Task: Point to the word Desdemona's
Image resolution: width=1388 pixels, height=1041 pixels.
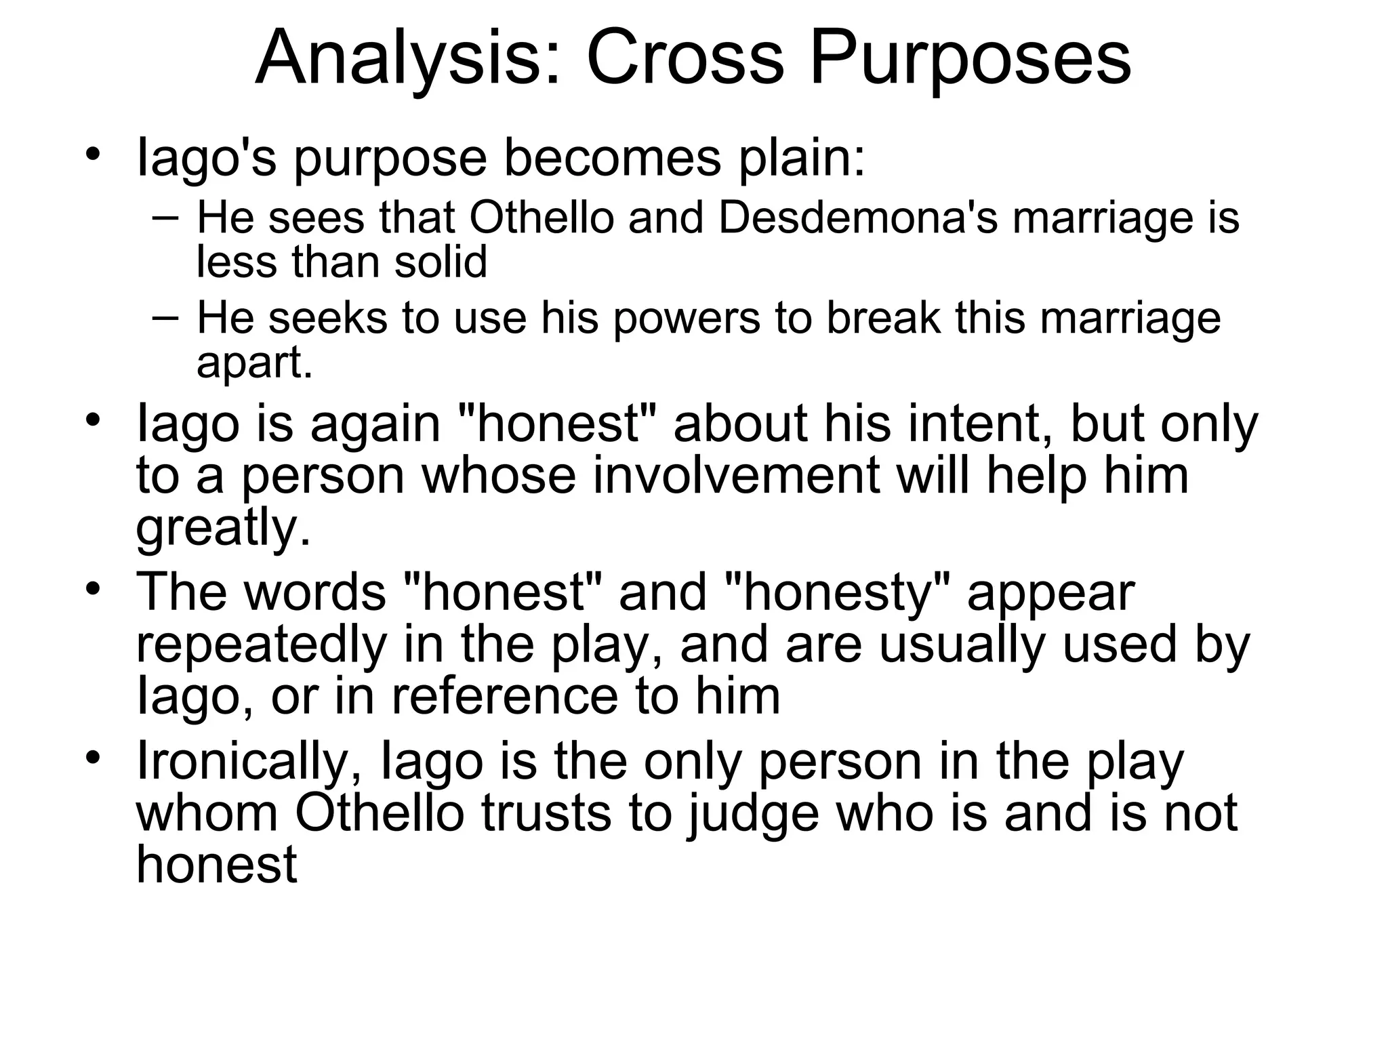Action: pyautogui.click(x=858, y=218)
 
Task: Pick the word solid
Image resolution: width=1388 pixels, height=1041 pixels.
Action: pyautogui.click(x=441, y=262)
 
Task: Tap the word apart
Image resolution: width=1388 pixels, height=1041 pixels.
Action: pyautogui.click(x=254, y=363)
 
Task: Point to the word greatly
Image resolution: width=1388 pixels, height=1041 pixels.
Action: pyautogui.click(x=224, y=528)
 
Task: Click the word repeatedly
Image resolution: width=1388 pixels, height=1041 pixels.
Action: pyautogui.click(x=261, y=645)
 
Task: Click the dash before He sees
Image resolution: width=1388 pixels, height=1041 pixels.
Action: pyautogui.click(x=166, y=218)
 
